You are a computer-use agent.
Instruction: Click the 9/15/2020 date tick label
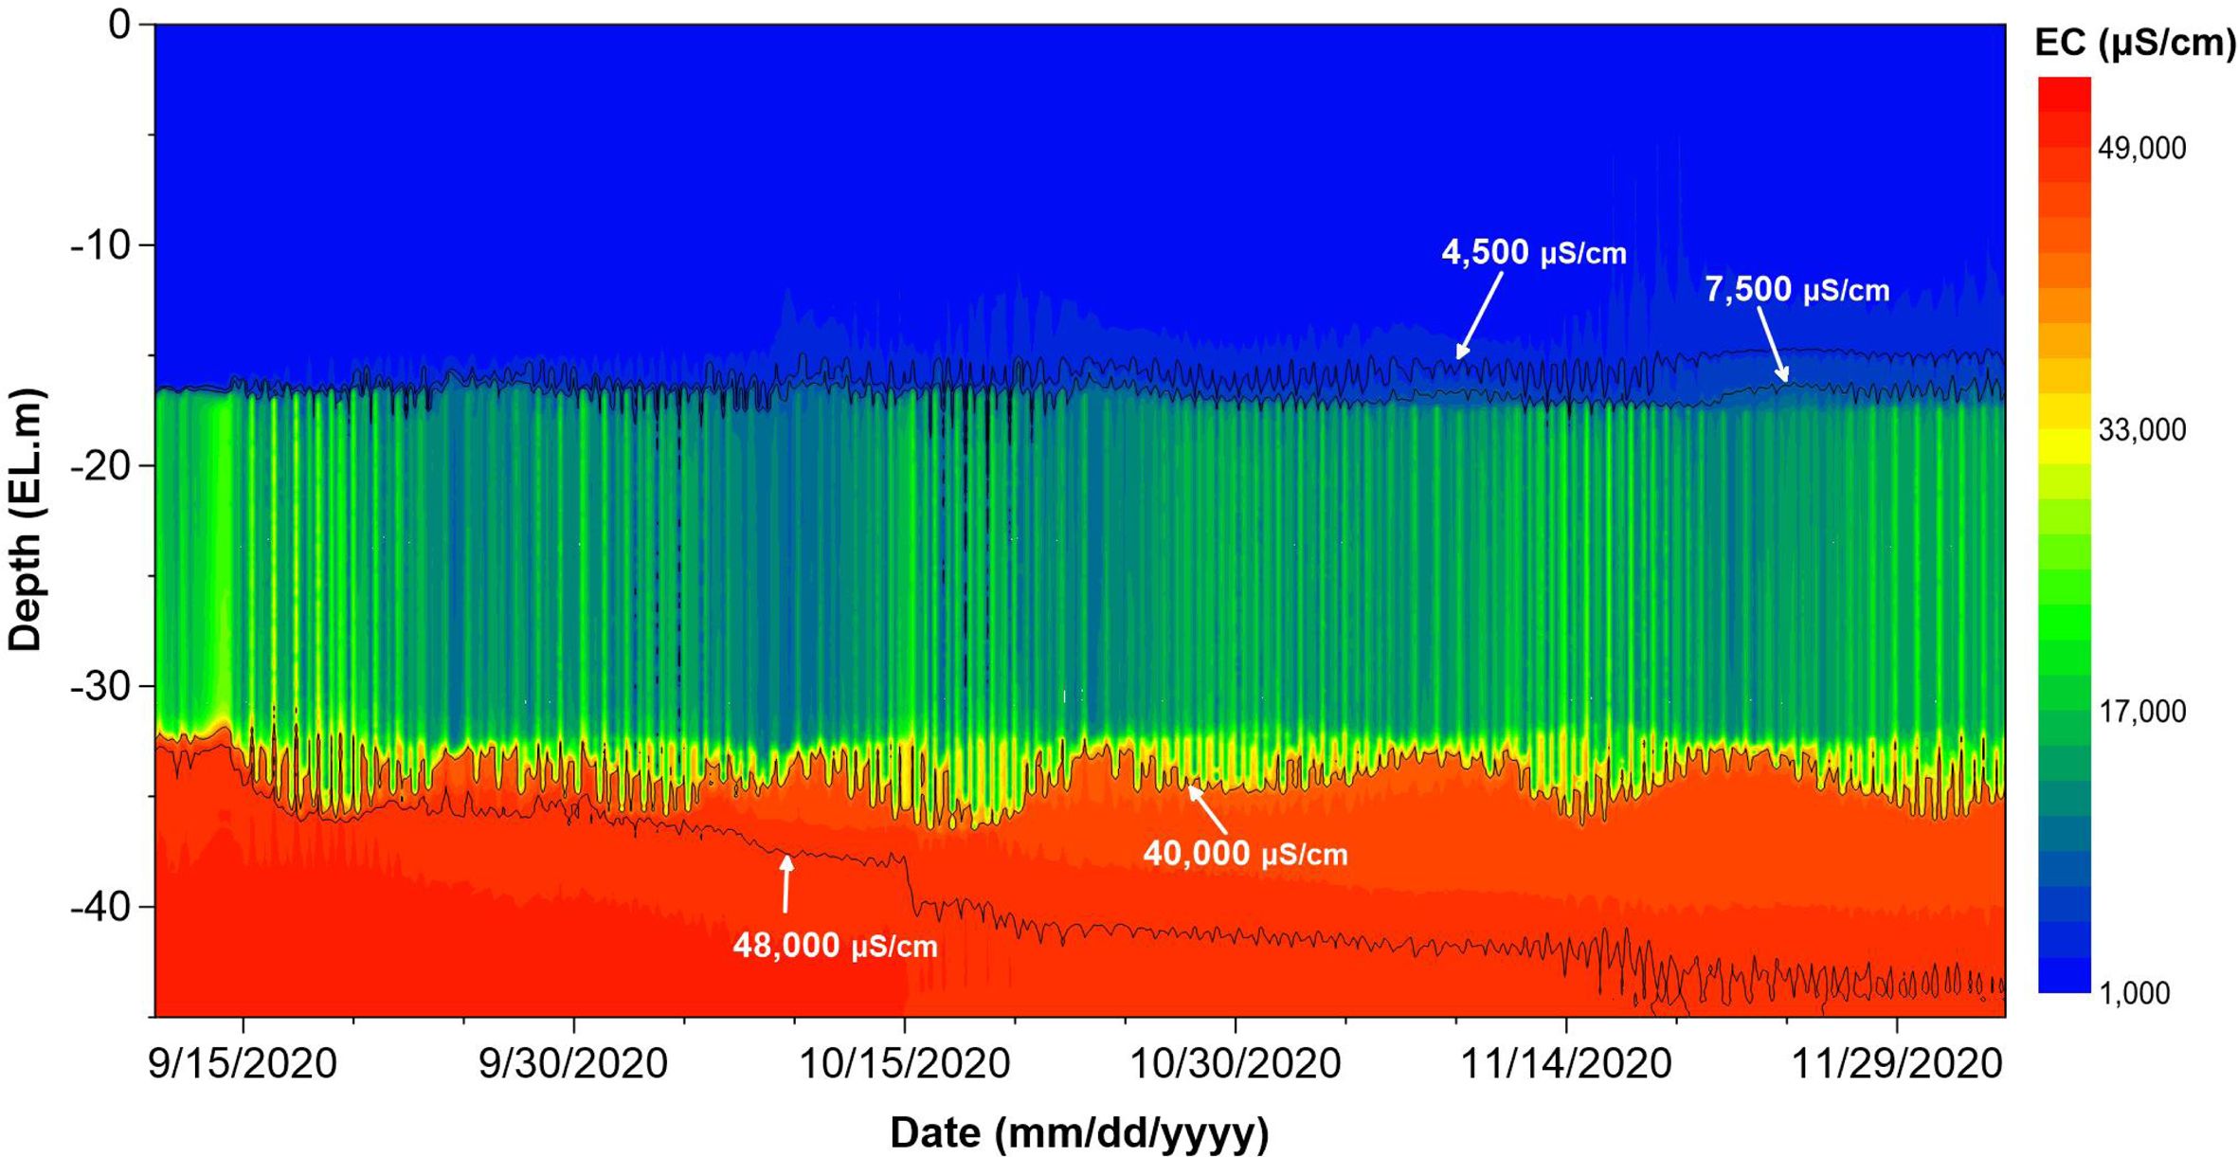coord(243,1064)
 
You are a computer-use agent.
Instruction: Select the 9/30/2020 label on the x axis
coord(573,1064)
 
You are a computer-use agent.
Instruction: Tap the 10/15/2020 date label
coord(905,1064)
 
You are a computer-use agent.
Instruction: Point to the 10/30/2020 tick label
coord(1236,1064)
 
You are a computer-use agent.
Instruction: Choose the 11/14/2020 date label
coord(1566,1064)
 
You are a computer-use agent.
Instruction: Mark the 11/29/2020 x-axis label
coord(1897,1064)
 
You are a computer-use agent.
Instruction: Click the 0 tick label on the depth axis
coord(119,26)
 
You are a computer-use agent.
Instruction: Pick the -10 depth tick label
coord(100,245)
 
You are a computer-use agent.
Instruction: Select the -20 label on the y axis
coord(100,466)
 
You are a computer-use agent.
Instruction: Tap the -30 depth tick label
coord(100,686)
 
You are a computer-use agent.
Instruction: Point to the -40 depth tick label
coord(100,907)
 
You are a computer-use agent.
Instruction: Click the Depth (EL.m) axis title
coord(26,519)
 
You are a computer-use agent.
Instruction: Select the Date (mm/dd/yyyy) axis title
coord(1079,1132)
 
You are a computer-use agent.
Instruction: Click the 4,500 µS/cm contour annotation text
coord(1534,253)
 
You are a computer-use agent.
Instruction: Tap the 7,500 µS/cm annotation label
coord(1796,289)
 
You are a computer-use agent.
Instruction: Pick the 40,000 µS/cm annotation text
coord(1245,854)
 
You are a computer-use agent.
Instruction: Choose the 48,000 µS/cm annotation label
coord(835,945)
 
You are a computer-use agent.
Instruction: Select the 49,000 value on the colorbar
coord(2141,149)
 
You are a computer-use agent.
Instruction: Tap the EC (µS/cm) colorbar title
coord(2135,43)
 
